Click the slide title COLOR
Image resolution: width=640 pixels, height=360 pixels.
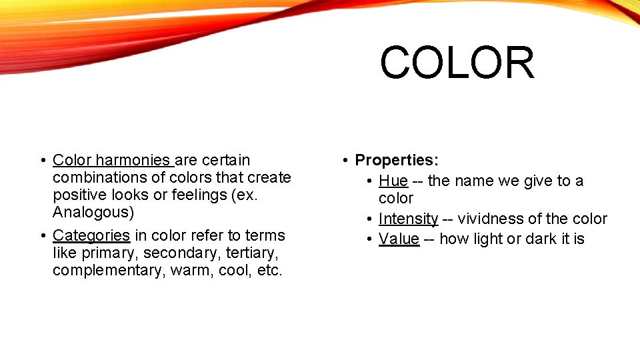coord(457,63)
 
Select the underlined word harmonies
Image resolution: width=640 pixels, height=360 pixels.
coord(133,161)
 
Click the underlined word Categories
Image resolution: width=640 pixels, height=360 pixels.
coord(91,235)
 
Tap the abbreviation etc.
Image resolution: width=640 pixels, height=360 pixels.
coord(270,271)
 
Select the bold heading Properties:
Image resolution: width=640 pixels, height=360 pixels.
coord(397,161)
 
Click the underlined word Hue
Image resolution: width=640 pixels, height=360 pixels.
coord(393,181)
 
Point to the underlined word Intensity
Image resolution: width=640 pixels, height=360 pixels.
coord(408,219)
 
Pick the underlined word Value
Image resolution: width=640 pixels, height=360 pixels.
coord(399,239)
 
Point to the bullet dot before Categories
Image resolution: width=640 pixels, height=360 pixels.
coord(42,235)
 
